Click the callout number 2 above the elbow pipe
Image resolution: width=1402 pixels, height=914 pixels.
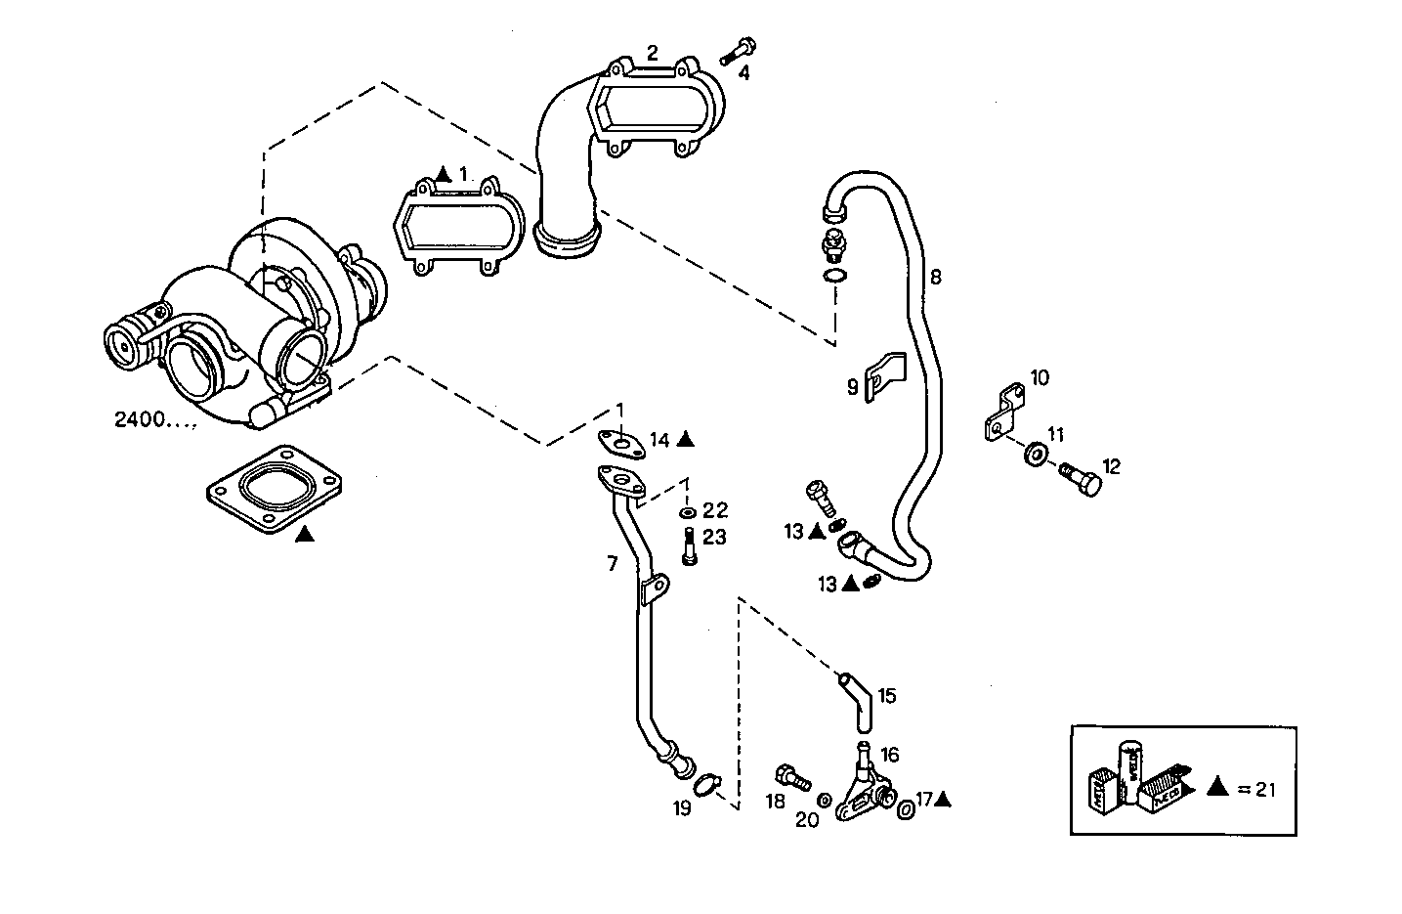(x=652, y=53)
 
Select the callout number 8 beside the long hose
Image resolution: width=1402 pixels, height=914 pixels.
(x=935, y=277)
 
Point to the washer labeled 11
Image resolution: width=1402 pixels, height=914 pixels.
(x=1035, y=454)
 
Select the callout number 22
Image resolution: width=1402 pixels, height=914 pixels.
(x=715, y=510)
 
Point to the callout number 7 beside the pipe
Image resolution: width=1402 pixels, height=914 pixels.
(x=613, y=564)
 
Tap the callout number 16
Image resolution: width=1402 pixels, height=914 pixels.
(x=889, y=755)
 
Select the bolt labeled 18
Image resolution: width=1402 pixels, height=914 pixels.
(x=792, y=778)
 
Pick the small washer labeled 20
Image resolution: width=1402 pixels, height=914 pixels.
(x=824, y=801)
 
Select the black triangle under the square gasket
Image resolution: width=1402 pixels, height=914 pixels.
(x=304, y=534)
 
